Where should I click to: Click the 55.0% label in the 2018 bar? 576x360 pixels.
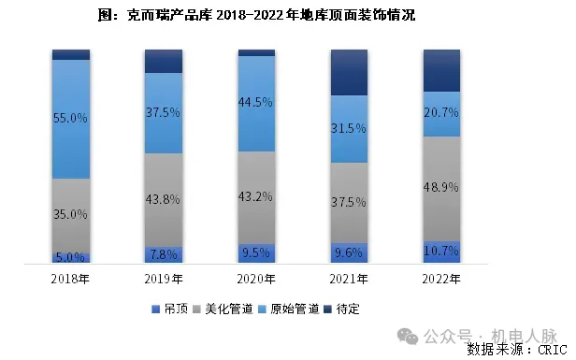click(71, 120)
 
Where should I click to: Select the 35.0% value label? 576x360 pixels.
click(71, 214)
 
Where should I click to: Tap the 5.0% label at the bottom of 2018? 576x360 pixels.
click(71, 256)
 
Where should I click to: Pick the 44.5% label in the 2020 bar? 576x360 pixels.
click(256, 102)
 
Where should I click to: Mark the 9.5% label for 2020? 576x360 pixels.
click(256, 252)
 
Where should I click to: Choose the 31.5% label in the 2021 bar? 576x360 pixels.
click(350, 129)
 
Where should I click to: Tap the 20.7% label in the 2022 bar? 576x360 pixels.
click(442, 113)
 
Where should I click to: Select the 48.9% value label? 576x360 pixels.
click(442, 188)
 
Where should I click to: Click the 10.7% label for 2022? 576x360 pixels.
click(442, 252)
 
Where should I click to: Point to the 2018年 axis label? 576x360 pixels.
click(71, 278)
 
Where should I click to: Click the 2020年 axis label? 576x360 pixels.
click(256, 278)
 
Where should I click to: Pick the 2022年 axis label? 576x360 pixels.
click(442, 278)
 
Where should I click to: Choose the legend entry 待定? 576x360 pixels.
click(347, 309)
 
